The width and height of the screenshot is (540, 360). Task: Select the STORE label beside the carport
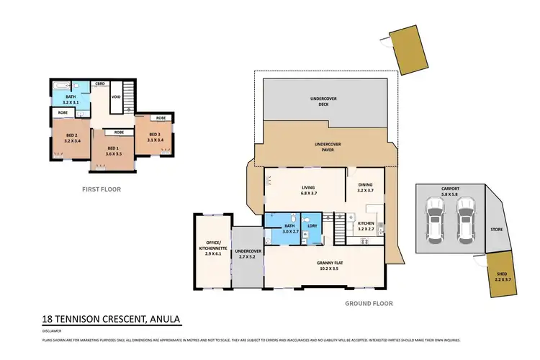(x=496, y=231)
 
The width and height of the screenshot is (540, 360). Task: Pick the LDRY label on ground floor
(x=312, y=227)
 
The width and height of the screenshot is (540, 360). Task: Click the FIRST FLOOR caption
(x=101, y=189)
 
